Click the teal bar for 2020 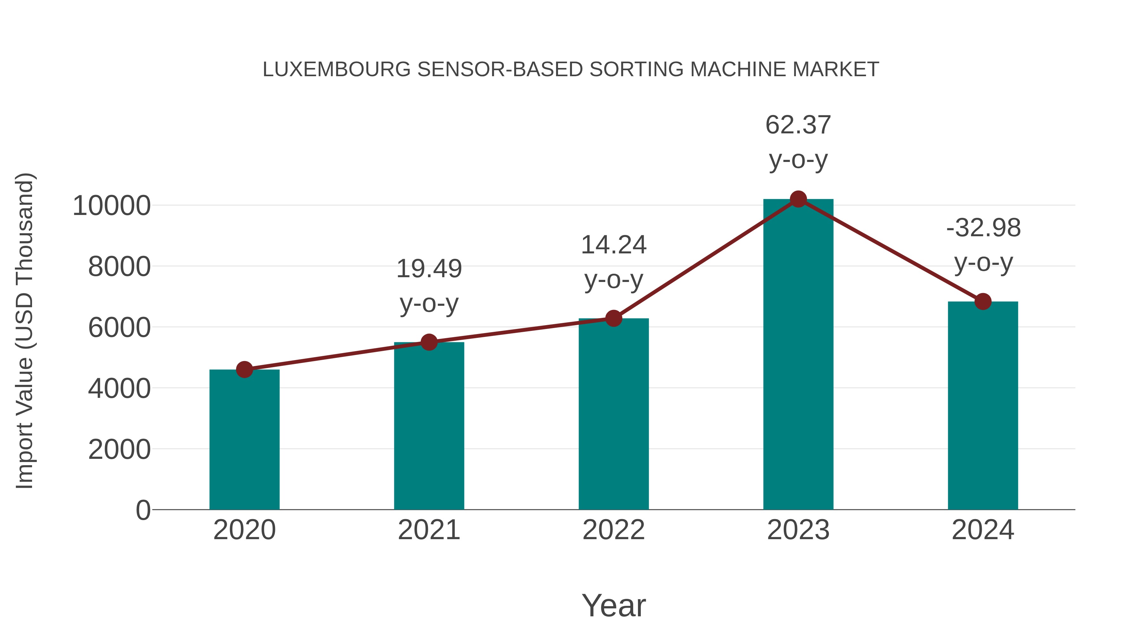coord(244,439)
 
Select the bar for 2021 coord(429,426)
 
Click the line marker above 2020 coord(244,369)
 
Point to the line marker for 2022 coord(614,318)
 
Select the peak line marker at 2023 coord(798,199)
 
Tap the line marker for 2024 coord(983,302)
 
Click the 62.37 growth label coord(798,125)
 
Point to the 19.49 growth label coord(429,269)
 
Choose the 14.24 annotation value coord(614,245)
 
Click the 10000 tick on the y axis coord(112,206)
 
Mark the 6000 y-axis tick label coord(119,328)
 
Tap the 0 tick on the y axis coord(143,510)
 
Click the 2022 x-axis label coord(614,530)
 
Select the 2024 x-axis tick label coord(983,530)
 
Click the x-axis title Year coord(614,605)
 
